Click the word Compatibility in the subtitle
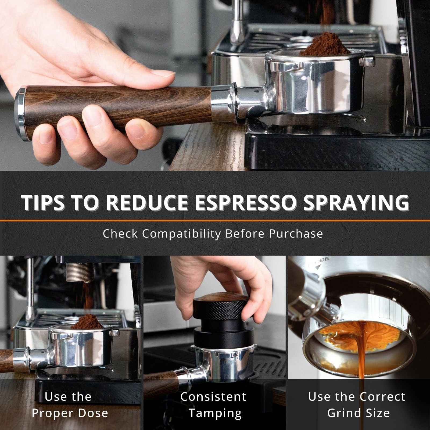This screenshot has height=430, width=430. point(181,234)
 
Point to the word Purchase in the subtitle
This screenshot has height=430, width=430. point(296,234)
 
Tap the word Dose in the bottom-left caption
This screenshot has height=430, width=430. point(92,413)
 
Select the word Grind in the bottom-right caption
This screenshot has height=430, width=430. point(343,413)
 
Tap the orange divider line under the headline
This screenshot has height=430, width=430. point(215,220)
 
